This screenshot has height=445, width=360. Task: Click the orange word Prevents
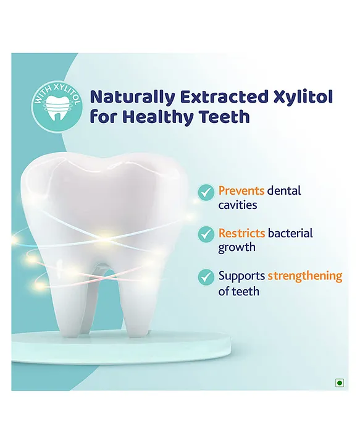click(241, 191)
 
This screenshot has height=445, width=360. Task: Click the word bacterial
click(291, 233)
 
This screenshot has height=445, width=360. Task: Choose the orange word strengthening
click(305, 276)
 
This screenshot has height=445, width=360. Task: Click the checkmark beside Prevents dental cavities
click(206, 192)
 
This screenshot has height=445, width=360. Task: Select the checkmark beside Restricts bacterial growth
click(206, 234)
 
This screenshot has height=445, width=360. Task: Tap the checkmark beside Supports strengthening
click(206, 276)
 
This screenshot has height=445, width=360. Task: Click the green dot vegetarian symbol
click(340, 383)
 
